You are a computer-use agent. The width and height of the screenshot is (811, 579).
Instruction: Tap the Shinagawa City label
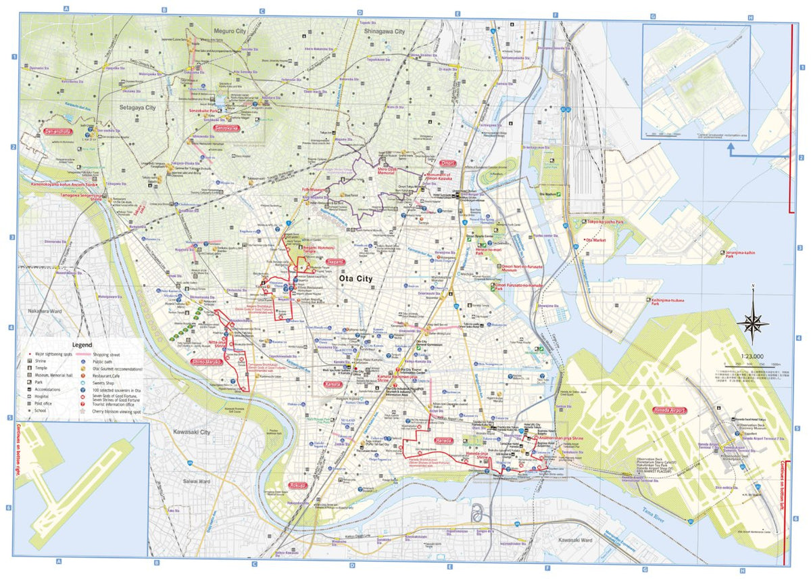coord(384,31)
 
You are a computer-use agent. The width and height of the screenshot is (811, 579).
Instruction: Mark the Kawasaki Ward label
coord(575,540)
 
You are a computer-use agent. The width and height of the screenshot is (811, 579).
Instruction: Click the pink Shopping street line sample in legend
coord(83,354)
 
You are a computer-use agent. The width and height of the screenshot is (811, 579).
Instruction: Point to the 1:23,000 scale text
coord(752,356)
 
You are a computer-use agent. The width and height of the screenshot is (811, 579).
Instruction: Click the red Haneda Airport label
coord(669,411)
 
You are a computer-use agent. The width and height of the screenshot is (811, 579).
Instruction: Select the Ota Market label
coord(597,240)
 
